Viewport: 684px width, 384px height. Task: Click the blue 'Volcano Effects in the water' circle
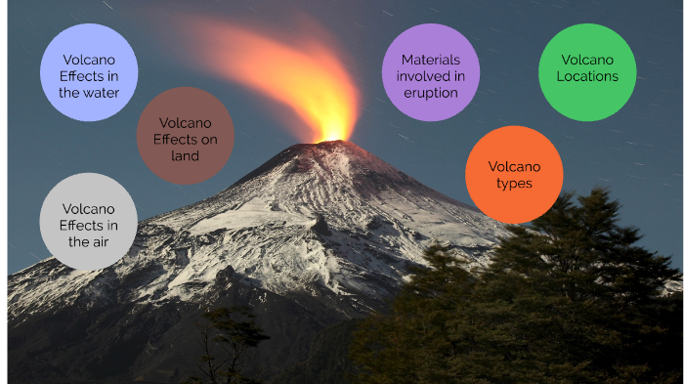pyautogui.click(x=88, y=73)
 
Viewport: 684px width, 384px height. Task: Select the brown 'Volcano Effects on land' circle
pyautogui.click(x=185, y=136)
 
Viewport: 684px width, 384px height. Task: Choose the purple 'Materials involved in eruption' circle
pyautogui.click(x=431, y=73)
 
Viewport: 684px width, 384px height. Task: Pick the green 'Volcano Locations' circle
pyautogui.click(x=587, y=71)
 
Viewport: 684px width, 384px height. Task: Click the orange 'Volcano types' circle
pyautogui.click(x=514, y=174)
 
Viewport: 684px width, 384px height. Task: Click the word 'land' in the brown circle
pyautogui.click(x=185, y=155)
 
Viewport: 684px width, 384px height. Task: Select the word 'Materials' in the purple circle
pyautogui.click(x=431, y=60)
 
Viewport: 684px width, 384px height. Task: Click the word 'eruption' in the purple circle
pyautogui.click(x=431, y=93)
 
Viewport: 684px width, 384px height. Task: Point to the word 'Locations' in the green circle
pyautogui.click(x=587, y=76)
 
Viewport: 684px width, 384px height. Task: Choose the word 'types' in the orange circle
pyautogui.click(x=514, y=183)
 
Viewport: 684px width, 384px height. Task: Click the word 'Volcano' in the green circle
pyautogui.click(x=587, y=60)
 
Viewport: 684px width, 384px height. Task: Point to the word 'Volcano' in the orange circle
pyautogui.click(x=514, y=166)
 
